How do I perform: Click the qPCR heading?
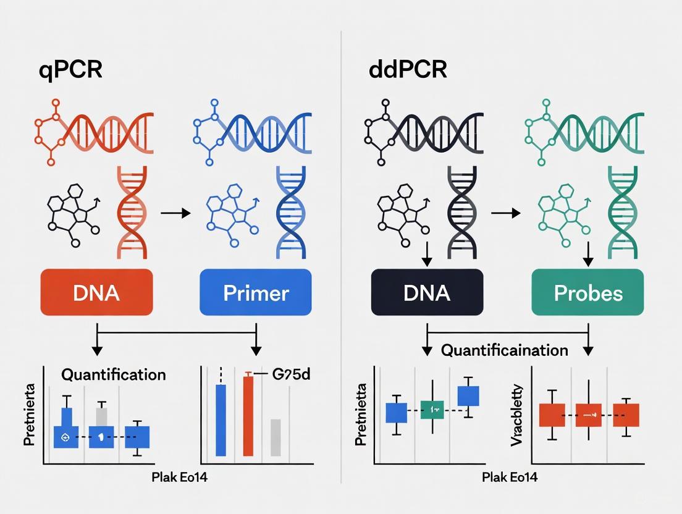point(70,69)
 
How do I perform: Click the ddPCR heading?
point(408,69)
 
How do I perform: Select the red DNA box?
point(96,292)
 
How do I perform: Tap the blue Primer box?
point(255,292)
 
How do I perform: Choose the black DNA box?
point(427,292)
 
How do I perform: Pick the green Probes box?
point(587,292)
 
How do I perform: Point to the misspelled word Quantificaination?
point(504,350)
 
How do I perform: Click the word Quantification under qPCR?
point(113,374)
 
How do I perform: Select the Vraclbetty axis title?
point(518,416)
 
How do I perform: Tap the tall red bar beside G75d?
point(248,416)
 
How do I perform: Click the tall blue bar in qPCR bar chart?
point(221,420)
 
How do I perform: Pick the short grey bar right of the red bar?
point(276,437)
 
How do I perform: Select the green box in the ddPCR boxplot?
point(432,409)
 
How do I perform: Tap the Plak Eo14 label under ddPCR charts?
point(510,478)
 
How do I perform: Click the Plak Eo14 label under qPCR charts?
point(179,478)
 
